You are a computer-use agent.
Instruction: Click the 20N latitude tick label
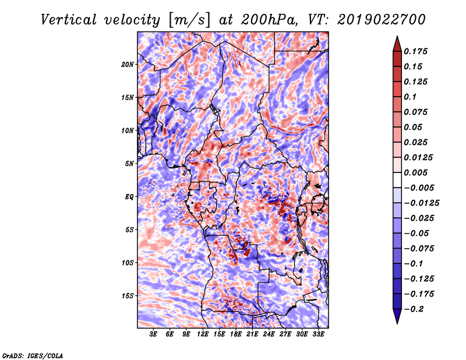[x=128, y=65]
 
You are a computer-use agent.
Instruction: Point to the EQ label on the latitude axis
[x=129, y=197]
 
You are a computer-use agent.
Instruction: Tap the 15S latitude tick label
[x=128, y=296]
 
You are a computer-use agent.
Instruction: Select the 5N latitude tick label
[x=129, y=164]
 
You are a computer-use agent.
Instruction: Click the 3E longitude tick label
[x=153, y=334]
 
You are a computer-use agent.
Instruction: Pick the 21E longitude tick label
[x=252, y=334]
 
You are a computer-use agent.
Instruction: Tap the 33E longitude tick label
[x=318, y=334]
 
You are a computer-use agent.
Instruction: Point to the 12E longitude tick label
[x=202, y=334]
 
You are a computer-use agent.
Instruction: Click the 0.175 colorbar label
[x=415, y=51]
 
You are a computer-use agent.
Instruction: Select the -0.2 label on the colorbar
[x=414, y=309]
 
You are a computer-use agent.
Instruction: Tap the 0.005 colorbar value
[x=415, y=172]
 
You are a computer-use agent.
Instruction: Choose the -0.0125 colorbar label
[x=421, y=203]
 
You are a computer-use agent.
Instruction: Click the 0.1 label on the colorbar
[x=410, y=97]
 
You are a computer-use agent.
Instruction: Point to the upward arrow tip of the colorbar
[x=397, y=36]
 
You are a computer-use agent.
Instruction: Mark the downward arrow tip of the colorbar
[x=397, y=323]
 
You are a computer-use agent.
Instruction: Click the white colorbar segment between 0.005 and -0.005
[x=397, y=180]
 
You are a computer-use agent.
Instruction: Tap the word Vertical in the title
[x=68, y=20]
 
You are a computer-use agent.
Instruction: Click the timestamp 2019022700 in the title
[x=381, y=20]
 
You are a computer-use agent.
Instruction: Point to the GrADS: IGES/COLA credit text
[x=33, y=356]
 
